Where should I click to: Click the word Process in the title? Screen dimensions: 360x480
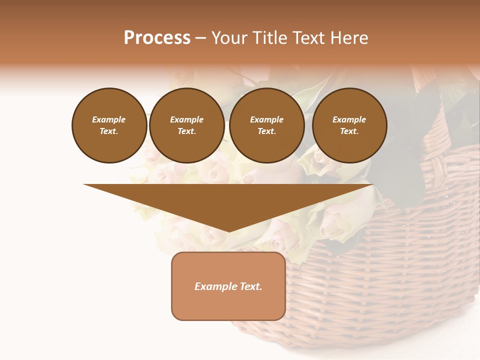coord(157,38)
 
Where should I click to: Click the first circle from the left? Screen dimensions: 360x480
coord(109,125)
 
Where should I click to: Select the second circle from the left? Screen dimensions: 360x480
coord(187,125)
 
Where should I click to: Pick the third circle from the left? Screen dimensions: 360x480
coord(267,125)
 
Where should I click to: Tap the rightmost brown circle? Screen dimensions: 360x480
coord(349,125)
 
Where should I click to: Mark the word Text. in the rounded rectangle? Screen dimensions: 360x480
coord(250,286)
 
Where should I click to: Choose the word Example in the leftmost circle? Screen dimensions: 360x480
coord(109,119)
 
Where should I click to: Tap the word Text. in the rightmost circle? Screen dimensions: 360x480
coord(349,131)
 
